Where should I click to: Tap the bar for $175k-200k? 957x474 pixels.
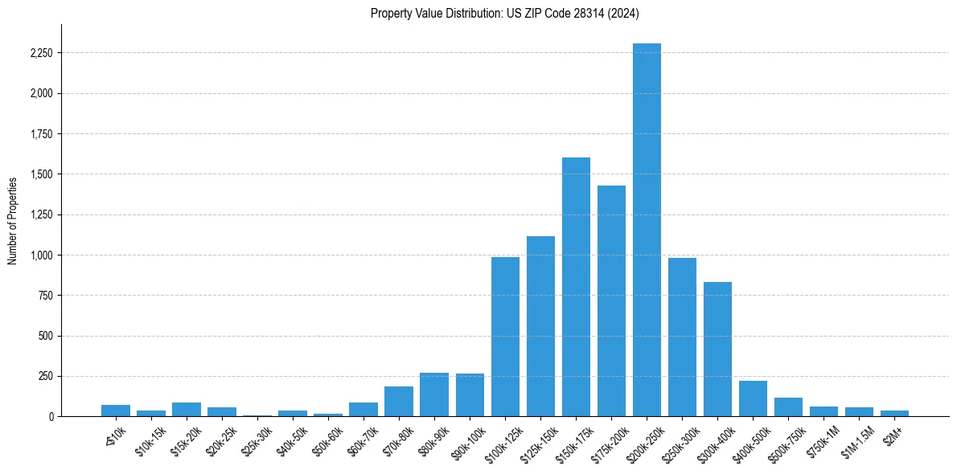coord(611,300)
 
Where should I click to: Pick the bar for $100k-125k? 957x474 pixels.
coord(505,337)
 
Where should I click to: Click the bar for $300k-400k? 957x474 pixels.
coord(717,349)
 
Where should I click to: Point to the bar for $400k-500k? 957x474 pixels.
coord(753,398)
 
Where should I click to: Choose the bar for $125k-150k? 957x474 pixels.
coord(540,326)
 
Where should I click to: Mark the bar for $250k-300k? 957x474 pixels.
coord(682,337)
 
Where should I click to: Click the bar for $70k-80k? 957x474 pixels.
coord(399,401)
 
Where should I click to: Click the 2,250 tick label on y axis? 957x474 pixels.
coord(41,53)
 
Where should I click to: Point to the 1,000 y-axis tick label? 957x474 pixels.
coord(41,255)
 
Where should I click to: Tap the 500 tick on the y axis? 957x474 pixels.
coord(46,336)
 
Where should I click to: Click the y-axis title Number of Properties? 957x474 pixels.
coord(12,220)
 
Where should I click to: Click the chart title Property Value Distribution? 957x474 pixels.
coord(504,13)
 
